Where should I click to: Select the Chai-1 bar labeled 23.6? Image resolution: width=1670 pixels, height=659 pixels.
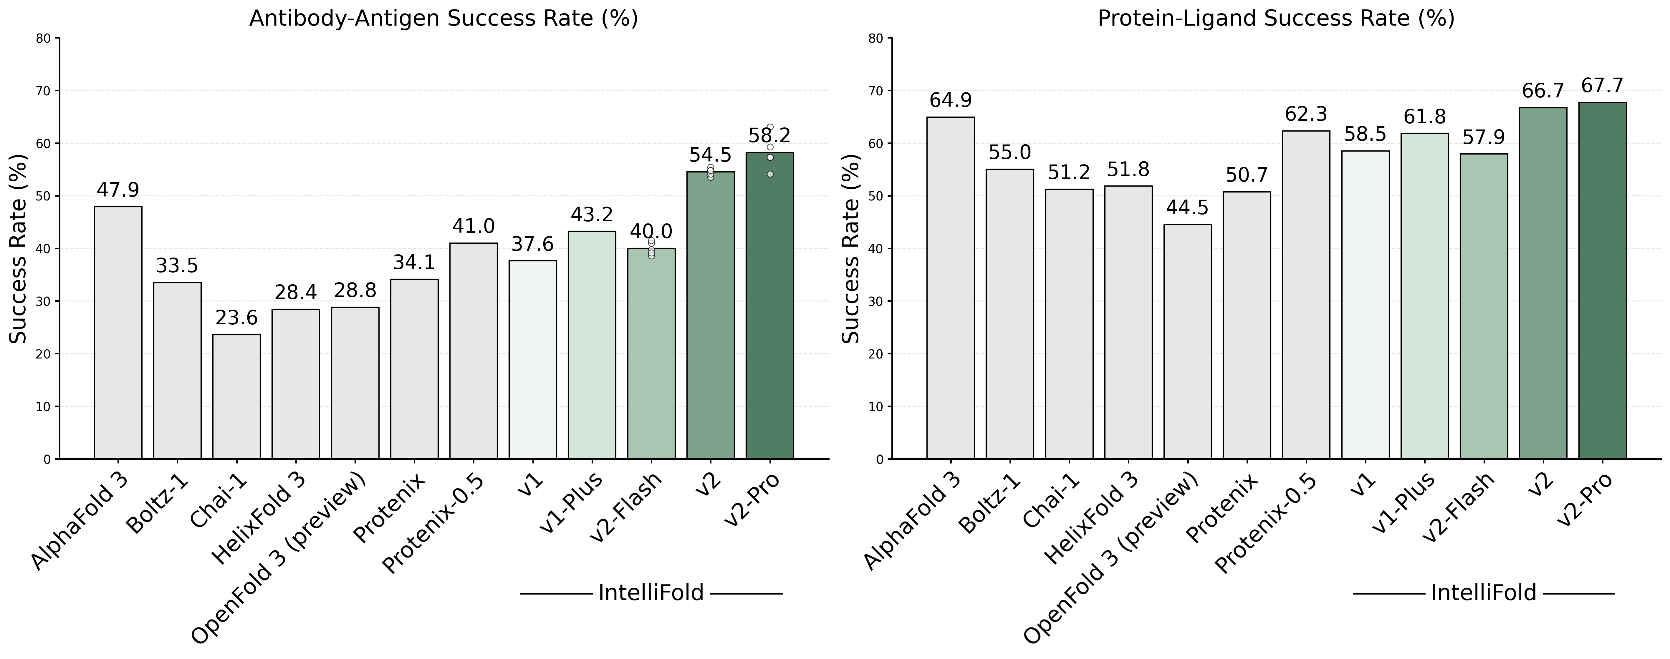tap(237, 396)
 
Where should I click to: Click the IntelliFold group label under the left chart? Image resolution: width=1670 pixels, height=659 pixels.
tap(651, 593)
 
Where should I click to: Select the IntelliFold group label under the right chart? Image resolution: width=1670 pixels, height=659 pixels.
tap(1483, 593)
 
